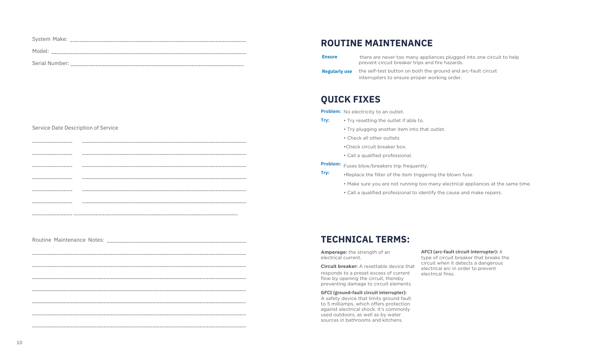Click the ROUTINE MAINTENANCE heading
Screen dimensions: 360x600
pyautogui.click(x=376, y=43)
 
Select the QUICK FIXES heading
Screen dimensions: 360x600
pyautogui.click(x=350, y=100)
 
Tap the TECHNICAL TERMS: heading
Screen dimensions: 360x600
pyautogui.click(x=365, y=240)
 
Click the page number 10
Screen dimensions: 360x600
pyautogui.click(x=20, y=343)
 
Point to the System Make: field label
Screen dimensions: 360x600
pyautogui.click(x=50, y=39)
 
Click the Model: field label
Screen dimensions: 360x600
pyautogui.click(x=40, y=51)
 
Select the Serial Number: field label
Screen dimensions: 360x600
pyautogui.click(x=50, y=63)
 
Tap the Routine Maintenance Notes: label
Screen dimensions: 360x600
pyautogui.click(x=68, y=240)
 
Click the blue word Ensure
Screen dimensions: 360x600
pyautogui.click(x=330, y=57)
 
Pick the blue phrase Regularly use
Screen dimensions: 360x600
pyautogui.click(x=337, y=72)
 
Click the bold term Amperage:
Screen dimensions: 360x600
pyautogui.click(x=334, y=252)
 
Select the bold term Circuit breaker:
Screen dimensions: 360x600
pyautogui.click(x=339, y=266)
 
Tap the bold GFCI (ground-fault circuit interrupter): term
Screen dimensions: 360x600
pyautogui.click(x=363, y=292)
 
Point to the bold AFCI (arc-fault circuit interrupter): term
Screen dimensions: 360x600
pyautogui.click(x=459, y=252)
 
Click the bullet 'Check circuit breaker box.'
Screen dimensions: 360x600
pyautogui.click(x=375, y=147)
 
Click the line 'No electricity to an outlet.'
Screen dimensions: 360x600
pyautogui.click(x=374, y=112)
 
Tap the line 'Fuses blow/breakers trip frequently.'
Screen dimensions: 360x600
pyautogui.click(x=385, y=166)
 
